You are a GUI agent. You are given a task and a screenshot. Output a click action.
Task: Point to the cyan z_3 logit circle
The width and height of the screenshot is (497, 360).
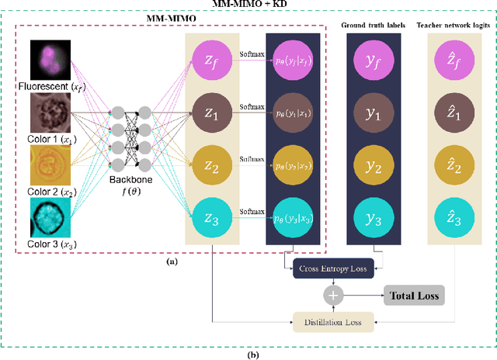pos(211,220)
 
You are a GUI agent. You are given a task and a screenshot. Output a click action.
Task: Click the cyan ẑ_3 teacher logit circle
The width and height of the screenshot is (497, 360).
pos(454,220)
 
